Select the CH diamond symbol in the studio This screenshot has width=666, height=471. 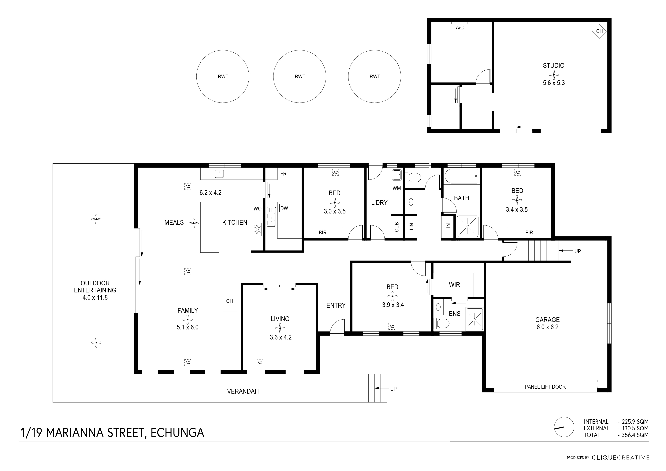pyautogui.click(x=599, y=31)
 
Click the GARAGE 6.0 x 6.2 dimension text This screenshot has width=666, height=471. pyautogui.click(x=547, y=327)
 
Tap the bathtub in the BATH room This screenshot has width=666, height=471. pyautogui.click(x=461, y=176)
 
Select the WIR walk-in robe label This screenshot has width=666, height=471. pyautogui.click(x=454, y=285)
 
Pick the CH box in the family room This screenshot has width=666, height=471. pyautogui.click(x=229, y=301)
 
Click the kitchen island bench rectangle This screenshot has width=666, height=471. pyautogui.click(x=209, y=227)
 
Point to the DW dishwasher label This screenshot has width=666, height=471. pyautogui.click(x=284, y=208)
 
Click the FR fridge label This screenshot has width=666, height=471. pyautogui.click(x=283, y=174)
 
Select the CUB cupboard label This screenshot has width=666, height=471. pyautogui.click(x=396, y=227)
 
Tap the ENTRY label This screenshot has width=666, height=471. pyautogui.click(x=336, y=305)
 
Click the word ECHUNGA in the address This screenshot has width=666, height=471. pyautogui.click(x=177, y=432)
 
